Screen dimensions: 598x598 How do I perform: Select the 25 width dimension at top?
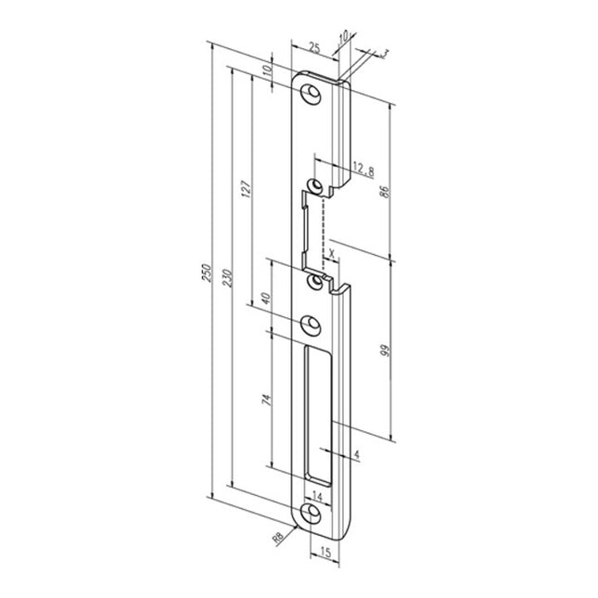[314, 45]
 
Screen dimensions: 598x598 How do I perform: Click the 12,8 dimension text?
[363, 170]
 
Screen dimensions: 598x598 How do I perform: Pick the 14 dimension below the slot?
[319, 494]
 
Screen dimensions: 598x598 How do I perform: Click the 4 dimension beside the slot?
[354, 454]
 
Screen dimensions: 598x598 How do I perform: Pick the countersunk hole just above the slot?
[312, 324]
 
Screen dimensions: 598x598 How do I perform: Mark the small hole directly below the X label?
[318, 278]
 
